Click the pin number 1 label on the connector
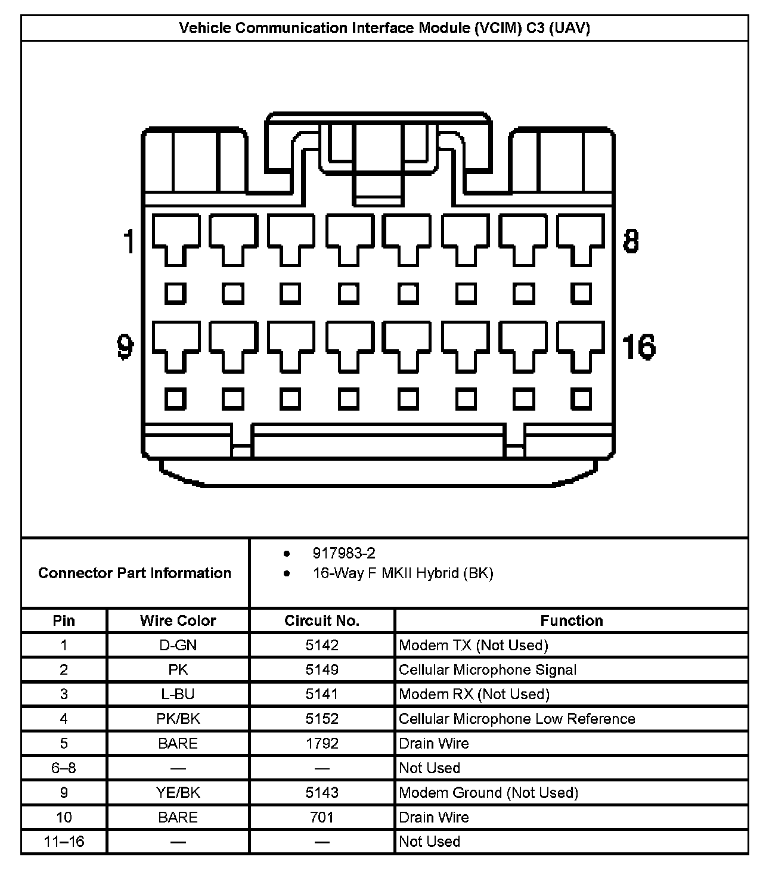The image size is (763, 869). click(128, 242)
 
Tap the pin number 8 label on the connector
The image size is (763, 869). click(631, 241)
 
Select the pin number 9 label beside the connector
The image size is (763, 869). click(125, 346)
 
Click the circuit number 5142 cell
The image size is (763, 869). click(322, 645)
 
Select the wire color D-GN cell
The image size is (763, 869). click(178, 645)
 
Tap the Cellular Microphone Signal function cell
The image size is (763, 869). click(488, 669)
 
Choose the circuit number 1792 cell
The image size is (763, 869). click(322, 743)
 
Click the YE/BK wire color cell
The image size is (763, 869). click(178, 792)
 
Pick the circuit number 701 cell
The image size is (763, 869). click(322, 817)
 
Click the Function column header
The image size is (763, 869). click(571, 620)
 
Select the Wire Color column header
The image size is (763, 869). click(178, 620)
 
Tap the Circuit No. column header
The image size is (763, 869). click(322, 620)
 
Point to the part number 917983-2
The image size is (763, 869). click(344, 553)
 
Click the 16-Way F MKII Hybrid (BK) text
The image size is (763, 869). click(403, 573)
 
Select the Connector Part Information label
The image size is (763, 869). click(135, 573)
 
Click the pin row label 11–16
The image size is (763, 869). click(64, 841)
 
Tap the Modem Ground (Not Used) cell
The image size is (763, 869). click(488, 792)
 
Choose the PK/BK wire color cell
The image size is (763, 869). click(178, 718)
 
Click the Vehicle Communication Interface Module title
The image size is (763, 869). click(384, 28)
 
